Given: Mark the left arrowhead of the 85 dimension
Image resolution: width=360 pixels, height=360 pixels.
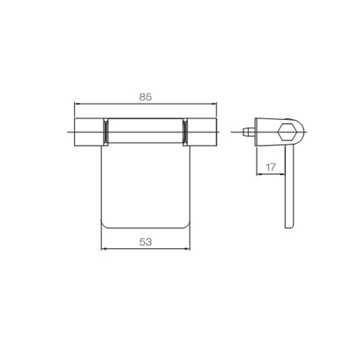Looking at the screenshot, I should pos(76,103).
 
